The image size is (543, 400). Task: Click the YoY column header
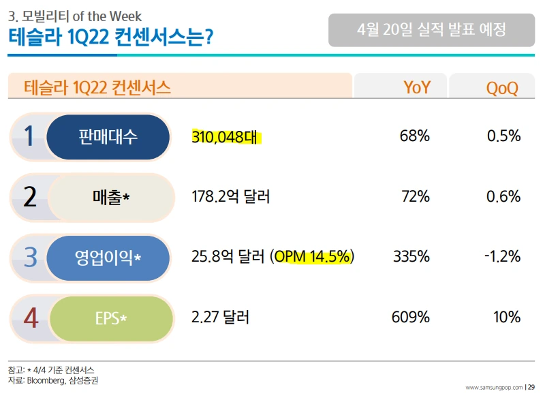(416, 87)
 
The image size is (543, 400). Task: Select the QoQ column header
(502, 87)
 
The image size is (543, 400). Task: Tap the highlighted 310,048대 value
(226, 136)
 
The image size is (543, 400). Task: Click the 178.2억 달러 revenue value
(231, 197)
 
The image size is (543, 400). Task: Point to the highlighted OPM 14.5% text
(313, 257)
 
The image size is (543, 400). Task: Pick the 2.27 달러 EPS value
(221, 317)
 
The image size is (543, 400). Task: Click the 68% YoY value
(414, 136)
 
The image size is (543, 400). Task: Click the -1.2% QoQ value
(502, 257)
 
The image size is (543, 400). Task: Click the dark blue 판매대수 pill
(108, 137)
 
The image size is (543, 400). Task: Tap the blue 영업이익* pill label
(108, 258)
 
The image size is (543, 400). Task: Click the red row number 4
(30, 318)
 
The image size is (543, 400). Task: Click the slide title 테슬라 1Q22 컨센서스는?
(110, 36)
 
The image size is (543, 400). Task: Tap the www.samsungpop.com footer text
(494, 387)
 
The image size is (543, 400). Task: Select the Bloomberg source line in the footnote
(52, 380)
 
